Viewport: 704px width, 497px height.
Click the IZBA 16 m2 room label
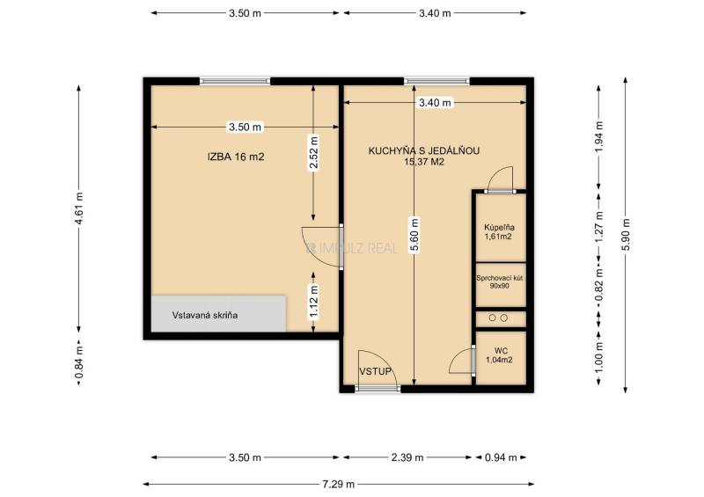point(236,157)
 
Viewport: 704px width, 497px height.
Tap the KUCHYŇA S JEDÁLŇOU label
point(424,150)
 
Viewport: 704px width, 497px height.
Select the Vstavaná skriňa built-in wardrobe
point(218,313)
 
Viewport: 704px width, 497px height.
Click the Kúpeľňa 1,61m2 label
point(499,231)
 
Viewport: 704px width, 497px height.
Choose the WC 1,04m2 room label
point(500,355)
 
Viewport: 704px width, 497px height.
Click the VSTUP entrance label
point(376,371)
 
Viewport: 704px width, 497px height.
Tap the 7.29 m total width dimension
point(339,484)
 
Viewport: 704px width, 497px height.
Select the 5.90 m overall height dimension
point(626,235)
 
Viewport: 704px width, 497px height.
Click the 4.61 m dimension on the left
point(79,208)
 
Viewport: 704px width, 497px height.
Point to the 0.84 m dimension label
point(79,362)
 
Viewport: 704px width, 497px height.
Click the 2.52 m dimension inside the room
point(313,153)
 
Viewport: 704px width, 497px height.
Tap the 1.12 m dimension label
point(313,302)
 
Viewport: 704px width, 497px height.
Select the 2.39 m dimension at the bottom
point(407,457)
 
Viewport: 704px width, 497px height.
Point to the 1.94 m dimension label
point(599,137)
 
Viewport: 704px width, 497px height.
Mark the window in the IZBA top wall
point(235,81)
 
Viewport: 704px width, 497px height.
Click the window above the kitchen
point(436,81)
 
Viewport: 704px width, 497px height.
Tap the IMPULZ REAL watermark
point(351,248)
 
